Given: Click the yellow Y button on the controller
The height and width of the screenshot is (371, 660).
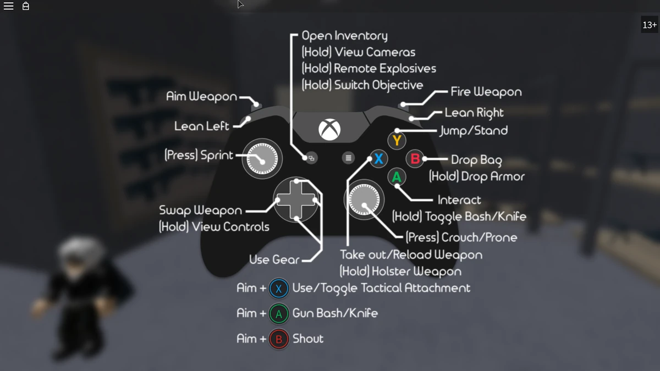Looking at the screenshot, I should pos(397,141).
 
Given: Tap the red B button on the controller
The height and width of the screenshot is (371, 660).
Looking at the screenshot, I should pos(415,159).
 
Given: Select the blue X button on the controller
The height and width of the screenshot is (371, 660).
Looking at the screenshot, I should pos(378,159).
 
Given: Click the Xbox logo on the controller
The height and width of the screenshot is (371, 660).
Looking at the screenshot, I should pos(329,130).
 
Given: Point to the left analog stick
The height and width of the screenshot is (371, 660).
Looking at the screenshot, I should pos(262,159).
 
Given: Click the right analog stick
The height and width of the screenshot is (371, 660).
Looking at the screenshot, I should pos(364,200).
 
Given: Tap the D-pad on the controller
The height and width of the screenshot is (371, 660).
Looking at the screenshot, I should pos(296,200).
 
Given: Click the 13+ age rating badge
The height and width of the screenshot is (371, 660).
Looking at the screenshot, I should pos(650,25).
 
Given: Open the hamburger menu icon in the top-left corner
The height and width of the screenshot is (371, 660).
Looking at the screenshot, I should pos(8,7).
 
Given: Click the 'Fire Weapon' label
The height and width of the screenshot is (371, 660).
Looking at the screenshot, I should pos(486,92).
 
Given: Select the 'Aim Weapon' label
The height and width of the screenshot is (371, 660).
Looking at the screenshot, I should pos(201,97).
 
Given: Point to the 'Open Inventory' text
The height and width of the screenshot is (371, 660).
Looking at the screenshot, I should pos(344,36).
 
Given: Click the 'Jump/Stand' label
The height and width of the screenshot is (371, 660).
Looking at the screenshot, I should pos(474,131).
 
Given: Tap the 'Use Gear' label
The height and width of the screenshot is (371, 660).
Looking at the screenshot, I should pos(274,259).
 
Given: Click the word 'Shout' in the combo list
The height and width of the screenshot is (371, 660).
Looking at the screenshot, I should pos(308,339).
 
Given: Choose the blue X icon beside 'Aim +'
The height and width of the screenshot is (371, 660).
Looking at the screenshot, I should pos(279,288).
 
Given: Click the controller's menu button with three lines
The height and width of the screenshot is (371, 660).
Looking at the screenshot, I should pos(348,158).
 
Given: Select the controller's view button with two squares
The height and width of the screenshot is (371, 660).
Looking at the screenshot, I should pos(311,158).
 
